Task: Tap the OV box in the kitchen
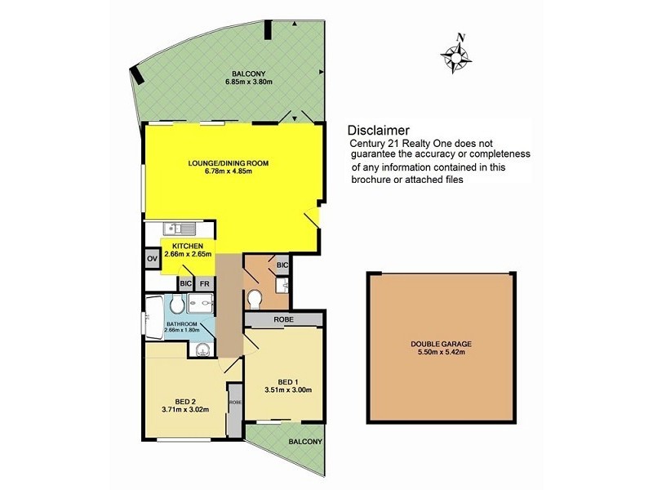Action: pyautogui.click(x=152, y=259)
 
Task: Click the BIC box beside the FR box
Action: pyautogui.click(x=186, y=284)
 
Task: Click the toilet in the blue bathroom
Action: pyautogui.click(x=178, y=305)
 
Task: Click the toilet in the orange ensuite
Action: pyautogui.click(x=255, y=299)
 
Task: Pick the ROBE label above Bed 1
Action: pyautogui.click(x=283, y=319)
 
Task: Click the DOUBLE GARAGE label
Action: pyautogui.click(x=440, y=344)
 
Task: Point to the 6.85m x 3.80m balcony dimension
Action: pyautogui.click(x=251, y=82)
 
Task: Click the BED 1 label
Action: pyautogui.click(x=287, y=381)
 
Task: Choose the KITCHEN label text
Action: pyautogui.click(x=187, y=245)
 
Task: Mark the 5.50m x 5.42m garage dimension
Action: pyautogui.click(x=440, y=353)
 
